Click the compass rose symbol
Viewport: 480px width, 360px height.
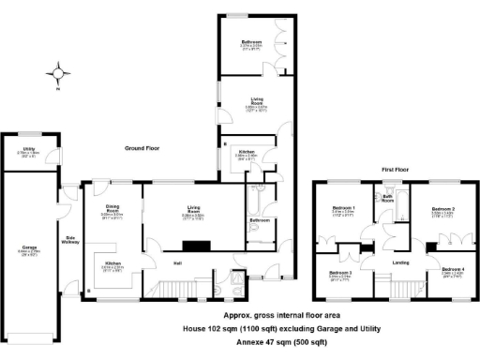pos(58,72)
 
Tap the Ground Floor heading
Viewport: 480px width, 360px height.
pos(151,148)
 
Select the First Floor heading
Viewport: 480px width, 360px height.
pos(397,170)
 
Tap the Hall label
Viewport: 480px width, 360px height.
pos(177,263)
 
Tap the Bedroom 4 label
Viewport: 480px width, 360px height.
pos(452,270)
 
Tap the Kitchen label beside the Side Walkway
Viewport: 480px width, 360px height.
pos(113,263)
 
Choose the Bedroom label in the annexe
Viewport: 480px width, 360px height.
pos(250,43)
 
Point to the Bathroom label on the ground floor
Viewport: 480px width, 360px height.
pos(260,220)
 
